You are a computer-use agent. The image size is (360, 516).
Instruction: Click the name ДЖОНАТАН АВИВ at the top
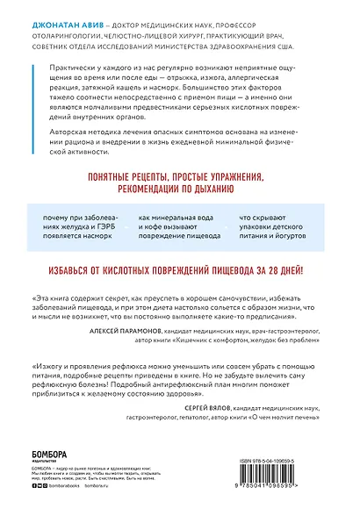click(x=62, y=11)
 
